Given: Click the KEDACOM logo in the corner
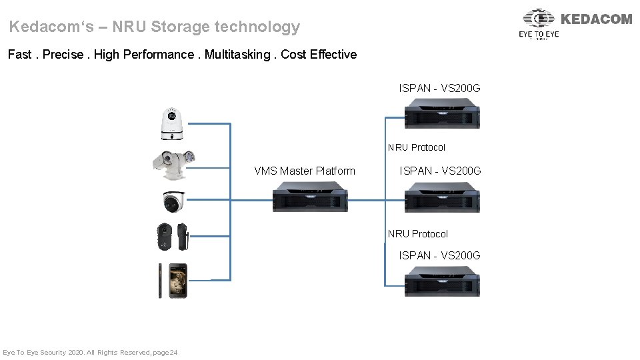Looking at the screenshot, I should (x=576, y=23).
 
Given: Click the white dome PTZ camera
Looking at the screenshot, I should (x=172, y=124).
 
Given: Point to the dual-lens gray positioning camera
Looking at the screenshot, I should (x=173, y=163).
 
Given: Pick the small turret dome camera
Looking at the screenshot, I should (x=173, y=201).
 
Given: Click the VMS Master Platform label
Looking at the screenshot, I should (x=305, y=171).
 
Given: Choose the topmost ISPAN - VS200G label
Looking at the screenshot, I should (x=439, y=89).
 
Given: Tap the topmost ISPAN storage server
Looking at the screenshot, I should (x=442, y=113).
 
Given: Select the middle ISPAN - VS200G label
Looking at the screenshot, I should (x=440, y=171).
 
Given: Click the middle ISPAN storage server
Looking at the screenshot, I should (x=442, y=197).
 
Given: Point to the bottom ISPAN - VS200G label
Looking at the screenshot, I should (x=439, y=255).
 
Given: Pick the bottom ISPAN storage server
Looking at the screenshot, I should (x=442, y=281).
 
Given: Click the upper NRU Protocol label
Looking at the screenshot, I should (x=417, y=147).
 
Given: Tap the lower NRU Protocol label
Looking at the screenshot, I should (x=418, y=234).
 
